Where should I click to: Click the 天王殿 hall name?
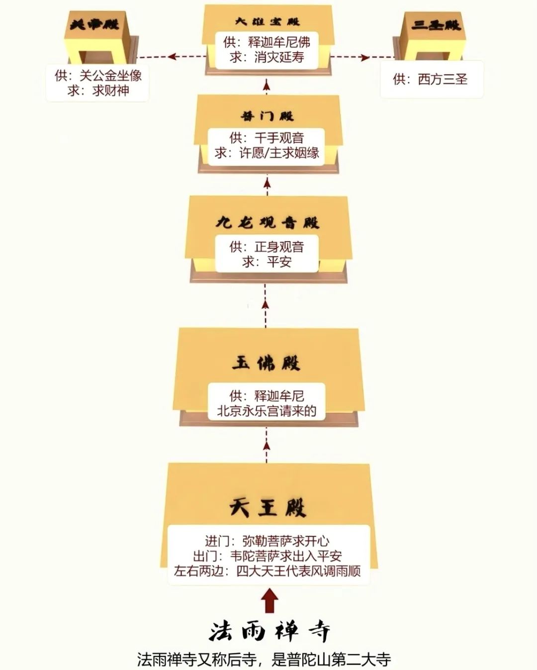coord(268,508)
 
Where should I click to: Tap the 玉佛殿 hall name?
coord(267,364)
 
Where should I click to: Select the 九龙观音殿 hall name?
coord(268,222)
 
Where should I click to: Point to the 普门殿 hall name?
coord(268,116)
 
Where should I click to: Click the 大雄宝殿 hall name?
coord(268,22)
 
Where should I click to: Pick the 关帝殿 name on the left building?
coord(94,24)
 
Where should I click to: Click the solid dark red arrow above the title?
coord(270,601)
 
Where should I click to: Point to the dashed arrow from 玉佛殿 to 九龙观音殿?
coord(266,306)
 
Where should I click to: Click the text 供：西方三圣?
coord(431,79)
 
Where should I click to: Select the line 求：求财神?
coord(98,91)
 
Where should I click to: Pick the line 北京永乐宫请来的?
coord(267,411)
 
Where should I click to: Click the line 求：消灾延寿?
coord(268,57)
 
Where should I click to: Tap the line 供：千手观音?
coord(267,138)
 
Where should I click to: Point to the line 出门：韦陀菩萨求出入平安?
coord(268,556)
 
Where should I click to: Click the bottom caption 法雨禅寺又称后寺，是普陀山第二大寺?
coord(264,660)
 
